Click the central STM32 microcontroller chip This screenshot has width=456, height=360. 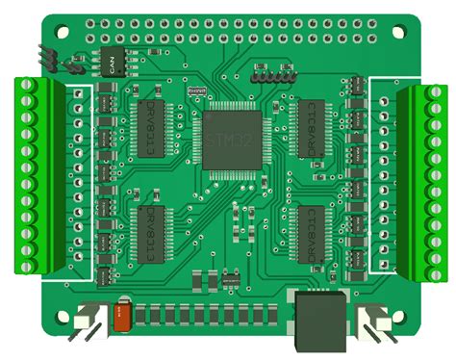[230, 140]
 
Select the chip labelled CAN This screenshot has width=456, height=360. [112, 60]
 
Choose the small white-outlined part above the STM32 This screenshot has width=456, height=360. [198, 90]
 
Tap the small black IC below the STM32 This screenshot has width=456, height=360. [231, 278]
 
